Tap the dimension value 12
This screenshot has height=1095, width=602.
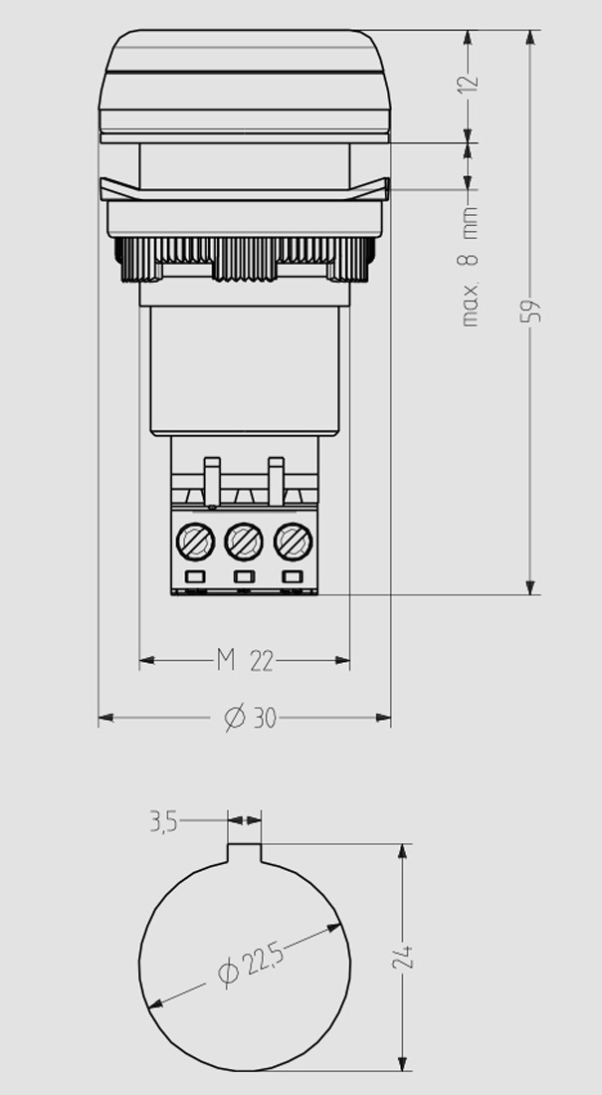(x=470, y=81)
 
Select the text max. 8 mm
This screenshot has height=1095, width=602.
(x=470, y=267)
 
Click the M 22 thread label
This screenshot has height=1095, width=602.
(x=245, y=660)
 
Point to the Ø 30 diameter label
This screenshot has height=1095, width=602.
(x=250, y=717)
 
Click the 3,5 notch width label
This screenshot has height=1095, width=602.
(x=163, y=822)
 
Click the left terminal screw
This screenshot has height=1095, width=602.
(x=195, y=542)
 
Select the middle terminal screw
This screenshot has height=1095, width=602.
(x=244, y=542)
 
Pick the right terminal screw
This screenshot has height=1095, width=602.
(x=293, y=542)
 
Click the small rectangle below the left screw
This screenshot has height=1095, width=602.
(x=195, y=576)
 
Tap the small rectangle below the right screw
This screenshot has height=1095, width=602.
(x=293, y=576)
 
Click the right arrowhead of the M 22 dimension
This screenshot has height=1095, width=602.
(x=342, y=660)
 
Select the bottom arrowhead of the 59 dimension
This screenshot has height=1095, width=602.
(x=530, y=587)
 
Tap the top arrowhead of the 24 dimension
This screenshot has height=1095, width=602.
(x=402, y=851)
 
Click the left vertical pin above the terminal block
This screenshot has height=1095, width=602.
(x=212, y=482)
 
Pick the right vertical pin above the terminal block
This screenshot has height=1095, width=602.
(x=276, y=482)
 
